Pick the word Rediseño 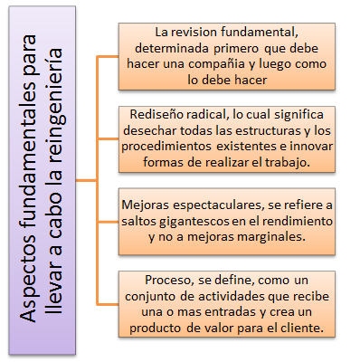pos(156,118)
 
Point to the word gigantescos pos(196,221)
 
